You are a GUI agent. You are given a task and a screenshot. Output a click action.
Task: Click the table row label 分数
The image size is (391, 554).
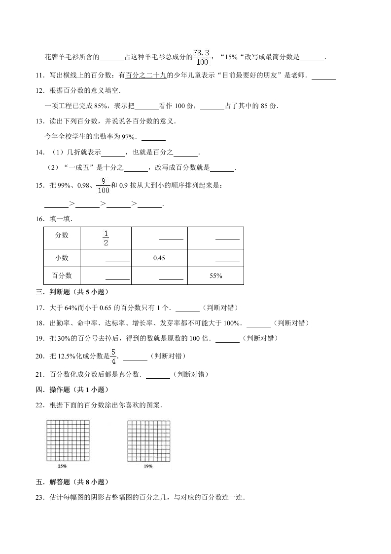click(x=62, y=235)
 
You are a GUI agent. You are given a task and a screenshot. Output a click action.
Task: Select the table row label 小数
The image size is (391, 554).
click(x=62, y=258)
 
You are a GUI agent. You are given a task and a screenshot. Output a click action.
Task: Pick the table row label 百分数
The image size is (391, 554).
click(x=62, y=276)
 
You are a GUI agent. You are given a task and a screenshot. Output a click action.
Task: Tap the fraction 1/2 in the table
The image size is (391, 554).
click(x=106, y=237)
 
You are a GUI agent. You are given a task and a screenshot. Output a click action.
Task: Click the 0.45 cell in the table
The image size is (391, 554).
click(x=159, y=258)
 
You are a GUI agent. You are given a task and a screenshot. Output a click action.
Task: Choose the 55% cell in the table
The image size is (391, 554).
click(x=215, y=276)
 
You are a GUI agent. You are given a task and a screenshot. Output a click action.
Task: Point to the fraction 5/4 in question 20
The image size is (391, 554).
click(x=113, y=356)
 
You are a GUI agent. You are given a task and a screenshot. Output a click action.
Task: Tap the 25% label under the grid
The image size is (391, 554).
click(x=63, y=466)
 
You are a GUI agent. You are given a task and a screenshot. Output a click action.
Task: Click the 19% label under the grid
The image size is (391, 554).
click(x=148, y=466)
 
